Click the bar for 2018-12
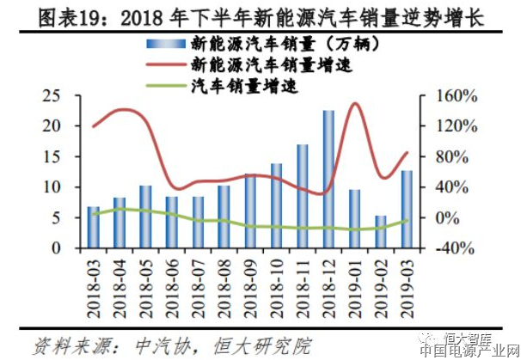click(328, 179)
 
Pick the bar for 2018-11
click(303, 196)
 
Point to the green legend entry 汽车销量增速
click(249, 86)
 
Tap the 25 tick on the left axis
click(53, 95)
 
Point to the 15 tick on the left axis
click(53, 156)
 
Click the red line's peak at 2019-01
click(354, 103)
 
